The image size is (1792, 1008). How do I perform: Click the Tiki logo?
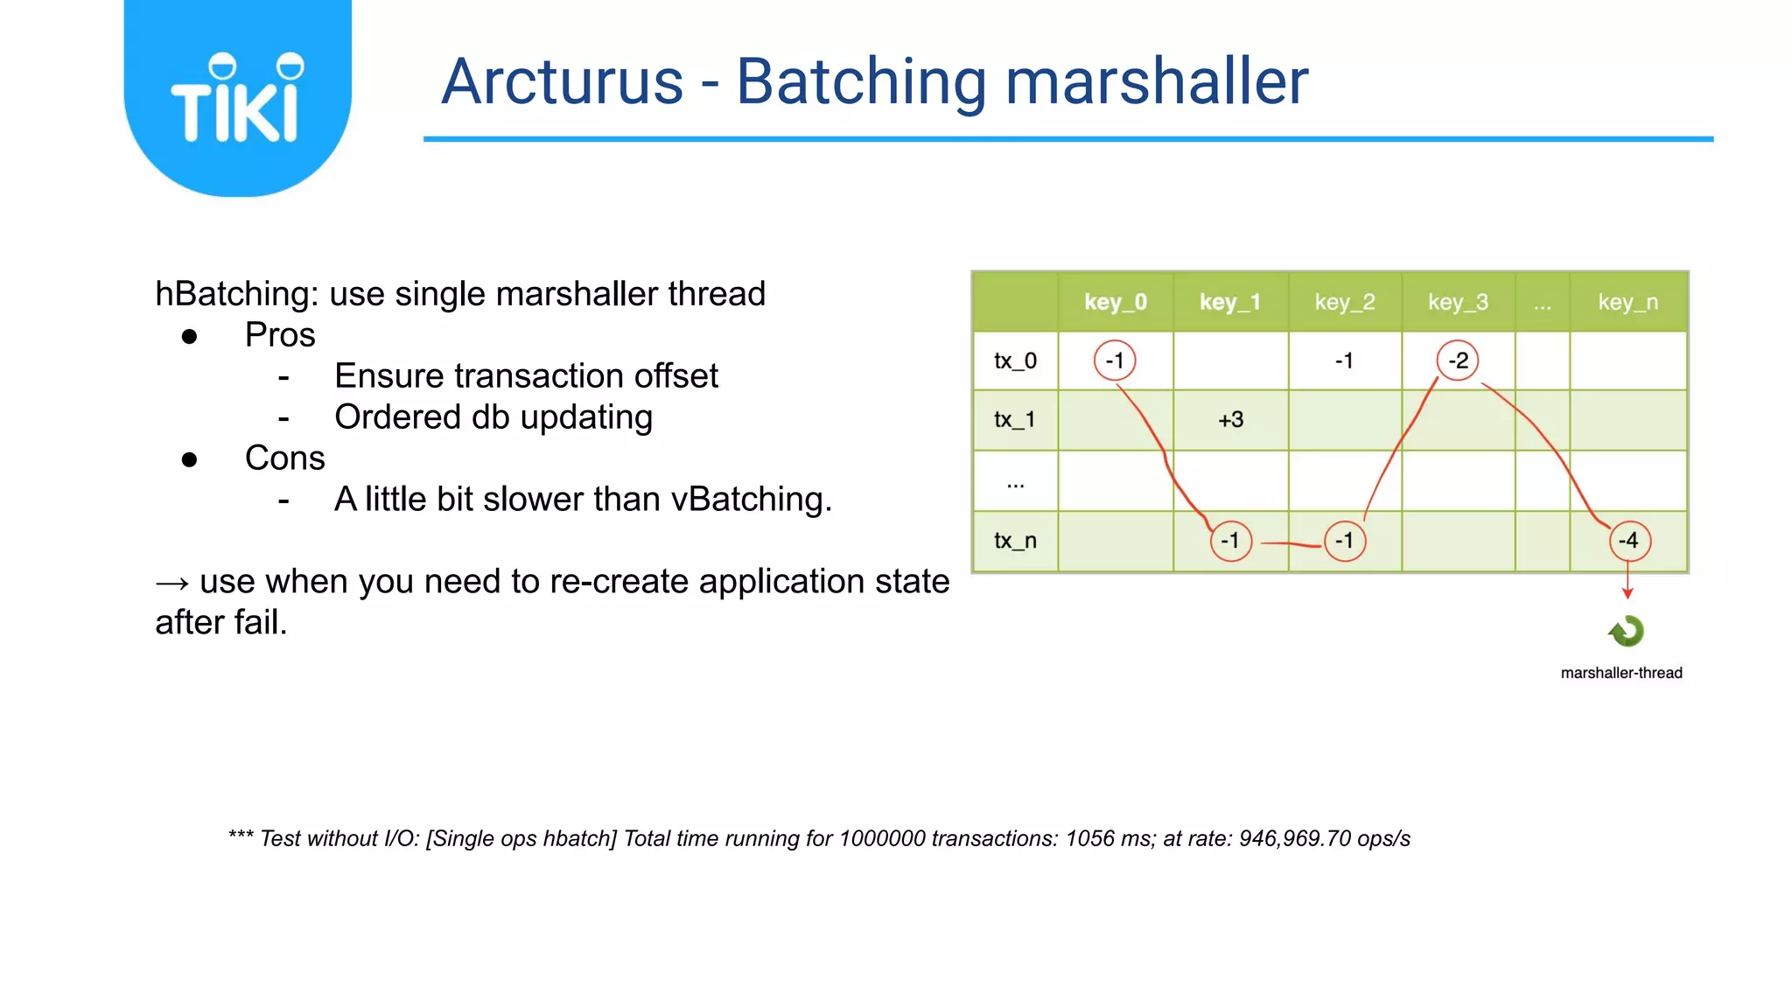point(237,98)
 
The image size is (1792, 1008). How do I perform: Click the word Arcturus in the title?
point(562,81)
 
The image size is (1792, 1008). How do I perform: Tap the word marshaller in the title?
point(1156,81)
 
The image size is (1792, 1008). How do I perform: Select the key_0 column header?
point(1115,302)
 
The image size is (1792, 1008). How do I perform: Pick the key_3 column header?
point(1458,302)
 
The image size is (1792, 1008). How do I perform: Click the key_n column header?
point(1627,302)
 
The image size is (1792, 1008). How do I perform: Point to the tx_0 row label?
point(1015,360)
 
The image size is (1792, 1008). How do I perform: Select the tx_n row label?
point(1015,541)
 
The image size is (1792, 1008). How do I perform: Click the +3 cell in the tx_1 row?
point(1230,420)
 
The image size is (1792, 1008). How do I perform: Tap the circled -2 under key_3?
point(1458,360)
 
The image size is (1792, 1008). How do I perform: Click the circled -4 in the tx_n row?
point(1629,541)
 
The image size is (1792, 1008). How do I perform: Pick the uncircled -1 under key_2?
point(1344,360)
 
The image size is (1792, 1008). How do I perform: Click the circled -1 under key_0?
point(1115,360)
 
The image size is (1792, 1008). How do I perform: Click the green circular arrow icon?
point(1627,631)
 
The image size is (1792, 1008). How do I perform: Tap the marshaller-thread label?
point(1621,673)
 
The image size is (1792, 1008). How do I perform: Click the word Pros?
point(280,335)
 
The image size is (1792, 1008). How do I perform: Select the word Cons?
point(284,458)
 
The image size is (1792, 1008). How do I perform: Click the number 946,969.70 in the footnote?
point(1295,838)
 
